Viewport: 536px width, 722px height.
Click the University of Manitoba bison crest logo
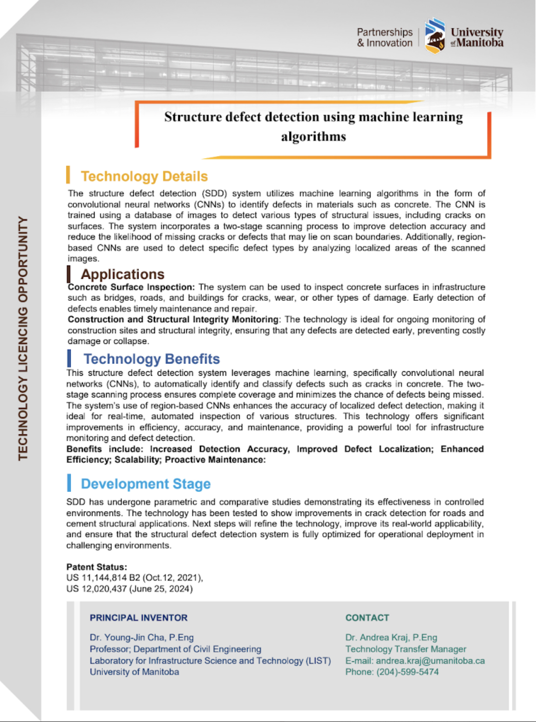[x=435, y=36]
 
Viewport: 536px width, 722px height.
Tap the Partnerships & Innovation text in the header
[x=385, y=38]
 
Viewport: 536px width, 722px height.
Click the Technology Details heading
[x=144, y=176]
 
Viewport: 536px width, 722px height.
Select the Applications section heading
[x=122, y=274]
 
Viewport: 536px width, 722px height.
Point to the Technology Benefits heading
[x=151, y=359]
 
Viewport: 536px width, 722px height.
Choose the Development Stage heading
[x=146, y=484]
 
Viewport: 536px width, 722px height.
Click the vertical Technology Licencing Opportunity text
[x=23, y=338]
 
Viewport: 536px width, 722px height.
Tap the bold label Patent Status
[x=97, y=567]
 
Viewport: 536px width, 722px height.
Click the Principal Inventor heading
[x=139, y=618]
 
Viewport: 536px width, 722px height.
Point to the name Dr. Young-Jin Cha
[x=127, y=638]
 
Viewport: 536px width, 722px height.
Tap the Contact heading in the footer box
[x=367, y=618]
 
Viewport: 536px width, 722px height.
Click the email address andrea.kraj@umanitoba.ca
[x=430, y=661]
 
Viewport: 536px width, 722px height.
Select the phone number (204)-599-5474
[x=407, y=672]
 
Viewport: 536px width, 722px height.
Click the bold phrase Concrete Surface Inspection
[x=131, y=287]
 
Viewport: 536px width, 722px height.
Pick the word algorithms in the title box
[x=314, y=137]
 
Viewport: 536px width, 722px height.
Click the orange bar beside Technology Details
[x=68, y=175]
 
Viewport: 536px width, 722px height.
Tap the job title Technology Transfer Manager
[x=406, y=649]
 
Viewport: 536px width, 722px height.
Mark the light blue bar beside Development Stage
[x=69, y=483]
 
